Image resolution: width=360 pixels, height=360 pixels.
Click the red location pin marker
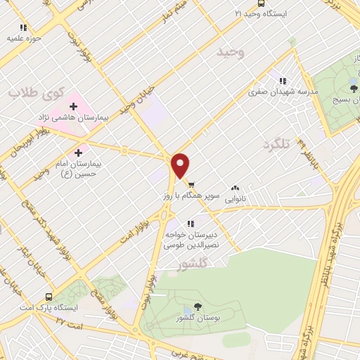pos(181,165)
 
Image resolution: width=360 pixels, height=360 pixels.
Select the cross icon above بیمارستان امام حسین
pos(78,150)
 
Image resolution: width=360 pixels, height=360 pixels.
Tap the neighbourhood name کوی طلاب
pos(37,91)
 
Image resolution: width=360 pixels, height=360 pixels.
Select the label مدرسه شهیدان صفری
pos(284,91)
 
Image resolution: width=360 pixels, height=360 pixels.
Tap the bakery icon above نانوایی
pos(235,188)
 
